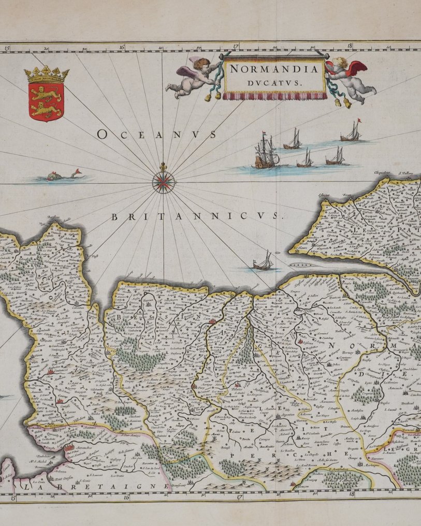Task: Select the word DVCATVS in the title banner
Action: point(274,81)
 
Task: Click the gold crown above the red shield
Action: point(47,75)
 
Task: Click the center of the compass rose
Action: point(163,182)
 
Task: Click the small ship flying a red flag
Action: point(352,131)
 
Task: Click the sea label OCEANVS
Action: point(156,135)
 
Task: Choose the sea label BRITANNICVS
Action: point(197,216)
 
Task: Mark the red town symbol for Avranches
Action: point(69,447)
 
